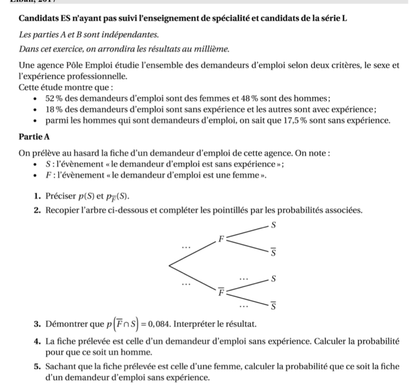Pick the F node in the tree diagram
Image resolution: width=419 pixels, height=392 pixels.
pos(220,239)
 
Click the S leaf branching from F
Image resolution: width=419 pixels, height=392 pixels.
pos(274,225)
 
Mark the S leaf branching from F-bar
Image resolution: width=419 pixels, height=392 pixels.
pos(274,279)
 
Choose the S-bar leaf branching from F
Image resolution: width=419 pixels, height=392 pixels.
pos(274,253)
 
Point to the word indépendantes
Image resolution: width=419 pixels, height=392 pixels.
pos(132,35)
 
